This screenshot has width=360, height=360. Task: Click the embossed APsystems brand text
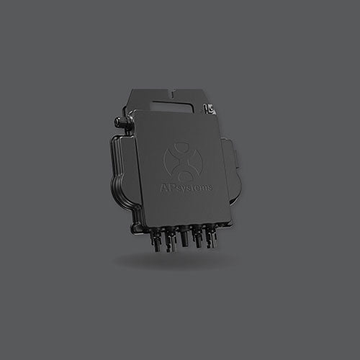[186, 187]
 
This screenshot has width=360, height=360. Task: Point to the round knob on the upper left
[120, 121]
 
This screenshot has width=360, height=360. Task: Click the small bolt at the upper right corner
[210, 109]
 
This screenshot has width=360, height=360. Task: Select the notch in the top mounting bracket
[174, 93]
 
